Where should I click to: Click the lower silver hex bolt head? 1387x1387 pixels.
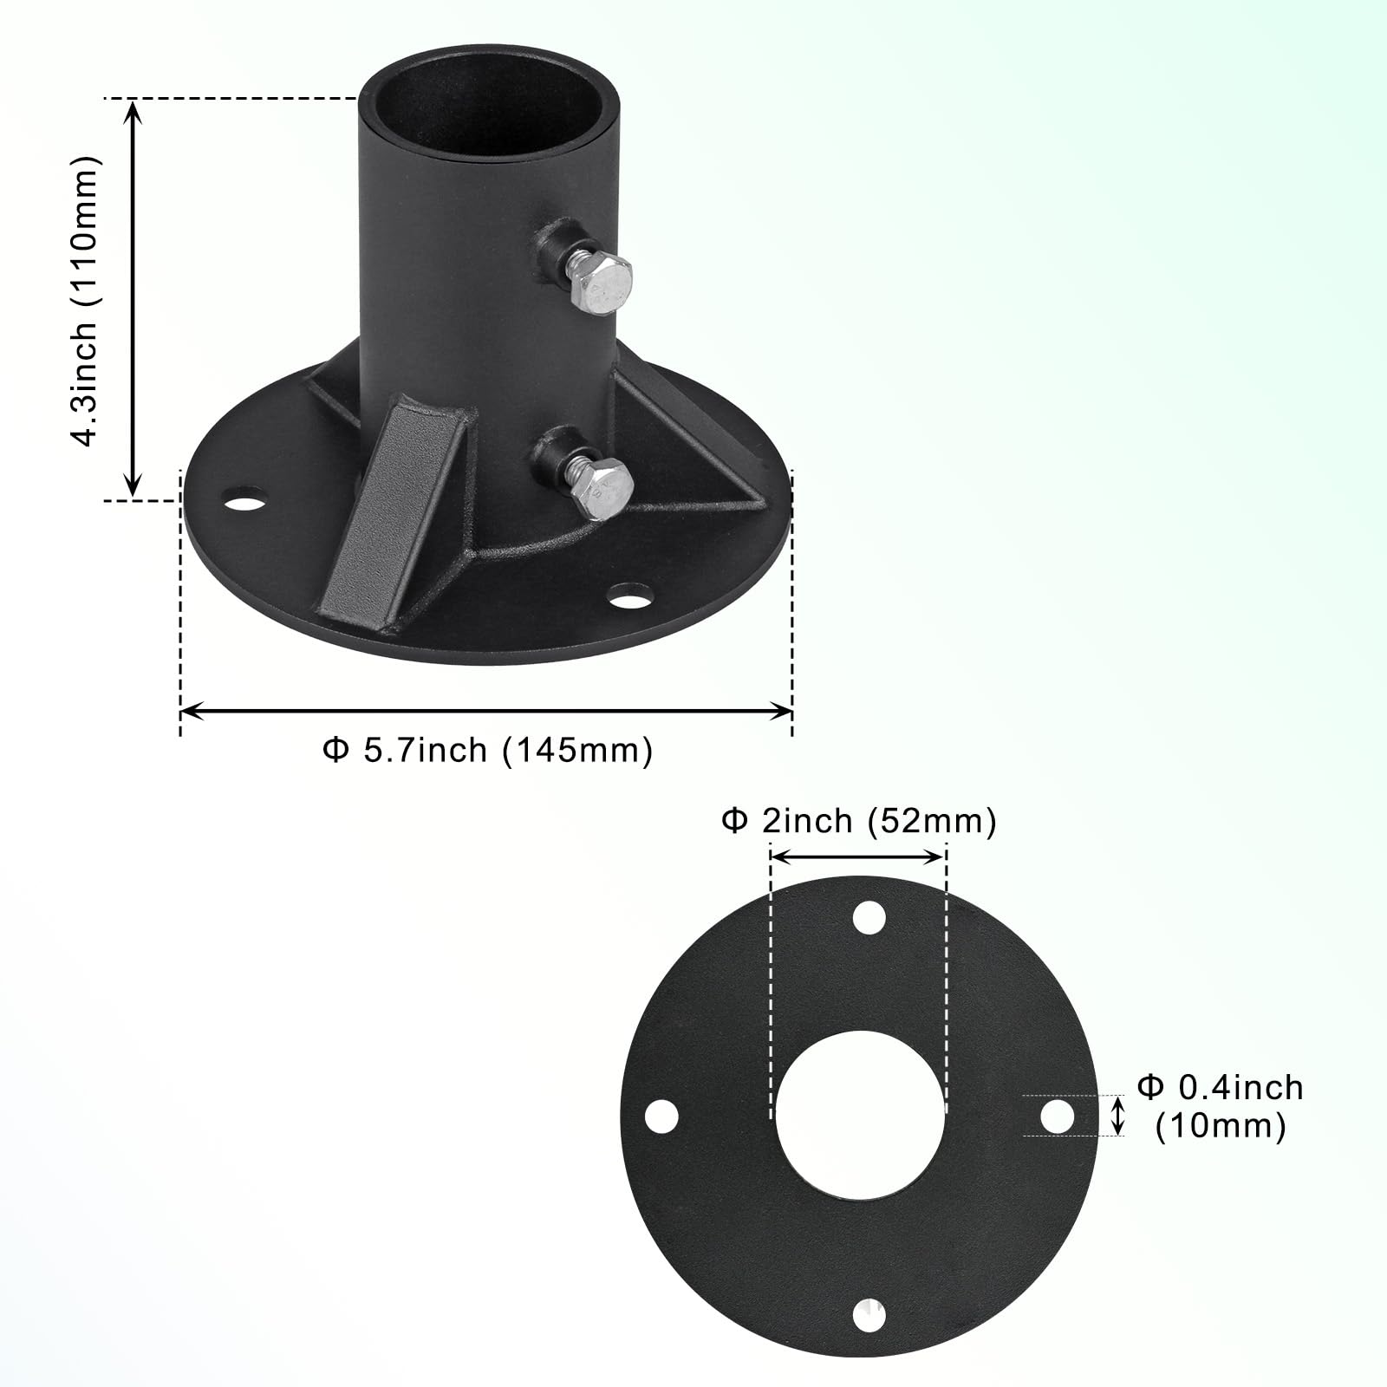pyautogui.click(x=605, y=491)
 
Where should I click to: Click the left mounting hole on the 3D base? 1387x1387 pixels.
pyautogui.click(x=245, y=500)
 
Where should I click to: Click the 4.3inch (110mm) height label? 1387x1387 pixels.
pyautogui.click(x=87, y=302)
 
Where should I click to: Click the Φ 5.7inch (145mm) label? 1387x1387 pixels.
pyautogui.click(x=487, y=750)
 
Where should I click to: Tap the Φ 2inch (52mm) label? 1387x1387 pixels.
pyautogui.click(x=858, y=820)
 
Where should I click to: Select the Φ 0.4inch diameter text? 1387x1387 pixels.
pyautogui.click(x=1221, y=1087)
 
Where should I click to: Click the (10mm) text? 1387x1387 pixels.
pyautogui.click(x=1221, y=1126)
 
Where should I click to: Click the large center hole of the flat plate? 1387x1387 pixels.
pyautogui.click(x=860, y=1116)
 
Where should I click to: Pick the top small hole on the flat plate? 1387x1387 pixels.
pyautogui.click(x=869, y=917)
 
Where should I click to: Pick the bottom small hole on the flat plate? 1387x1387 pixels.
pyautogui.click(x=869, y=1316)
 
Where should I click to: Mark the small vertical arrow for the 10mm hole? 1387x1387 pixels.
pyautogui.click(x=1118, y=1116)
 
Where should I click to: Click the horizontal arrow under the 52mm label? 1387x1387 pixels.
pyautogui.click(x=856, y=856)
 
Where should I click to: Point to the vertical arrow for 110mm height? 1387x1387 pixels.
pyautogui.click(x=133, y=299)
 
